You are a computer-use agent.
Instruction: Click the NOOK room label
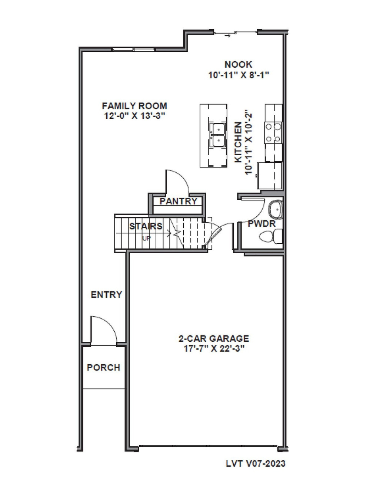[x=238, y=64]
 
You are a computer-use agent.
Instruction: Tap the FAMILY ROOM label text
[x=134, y=106]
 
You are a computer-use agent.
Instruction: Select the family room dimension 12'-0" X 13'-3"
[x=134, y=116]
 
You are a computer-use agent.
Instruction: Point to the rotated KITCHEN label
[x=239, y=142]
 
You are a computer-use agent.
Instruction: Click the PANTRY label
[x=178, y=201]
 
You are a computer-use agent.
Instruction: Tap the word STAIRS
[x=146, y=226]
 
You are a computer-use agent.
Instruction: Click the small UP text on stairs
[x=147, y=239]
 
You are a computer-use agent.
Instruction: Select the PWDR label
[x=262, y=224]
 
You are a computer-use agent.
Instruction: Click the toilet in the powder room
[x=270, y=237]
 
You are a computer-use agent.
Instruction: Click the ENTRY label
[x=106, y=295]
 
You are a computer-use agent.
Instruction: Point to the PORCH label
[x=103, y=368]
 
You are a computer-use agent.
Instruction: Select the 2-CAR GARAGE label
[x=214, y=338]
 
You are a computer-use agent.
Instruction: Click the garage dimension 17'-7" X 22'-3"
[x=214, y=348]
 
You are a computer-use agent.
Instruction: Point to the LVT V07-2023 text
[x=256, y=463]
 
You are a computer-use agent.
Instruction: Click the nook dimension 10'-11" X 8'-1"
[x=238, y=75]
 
